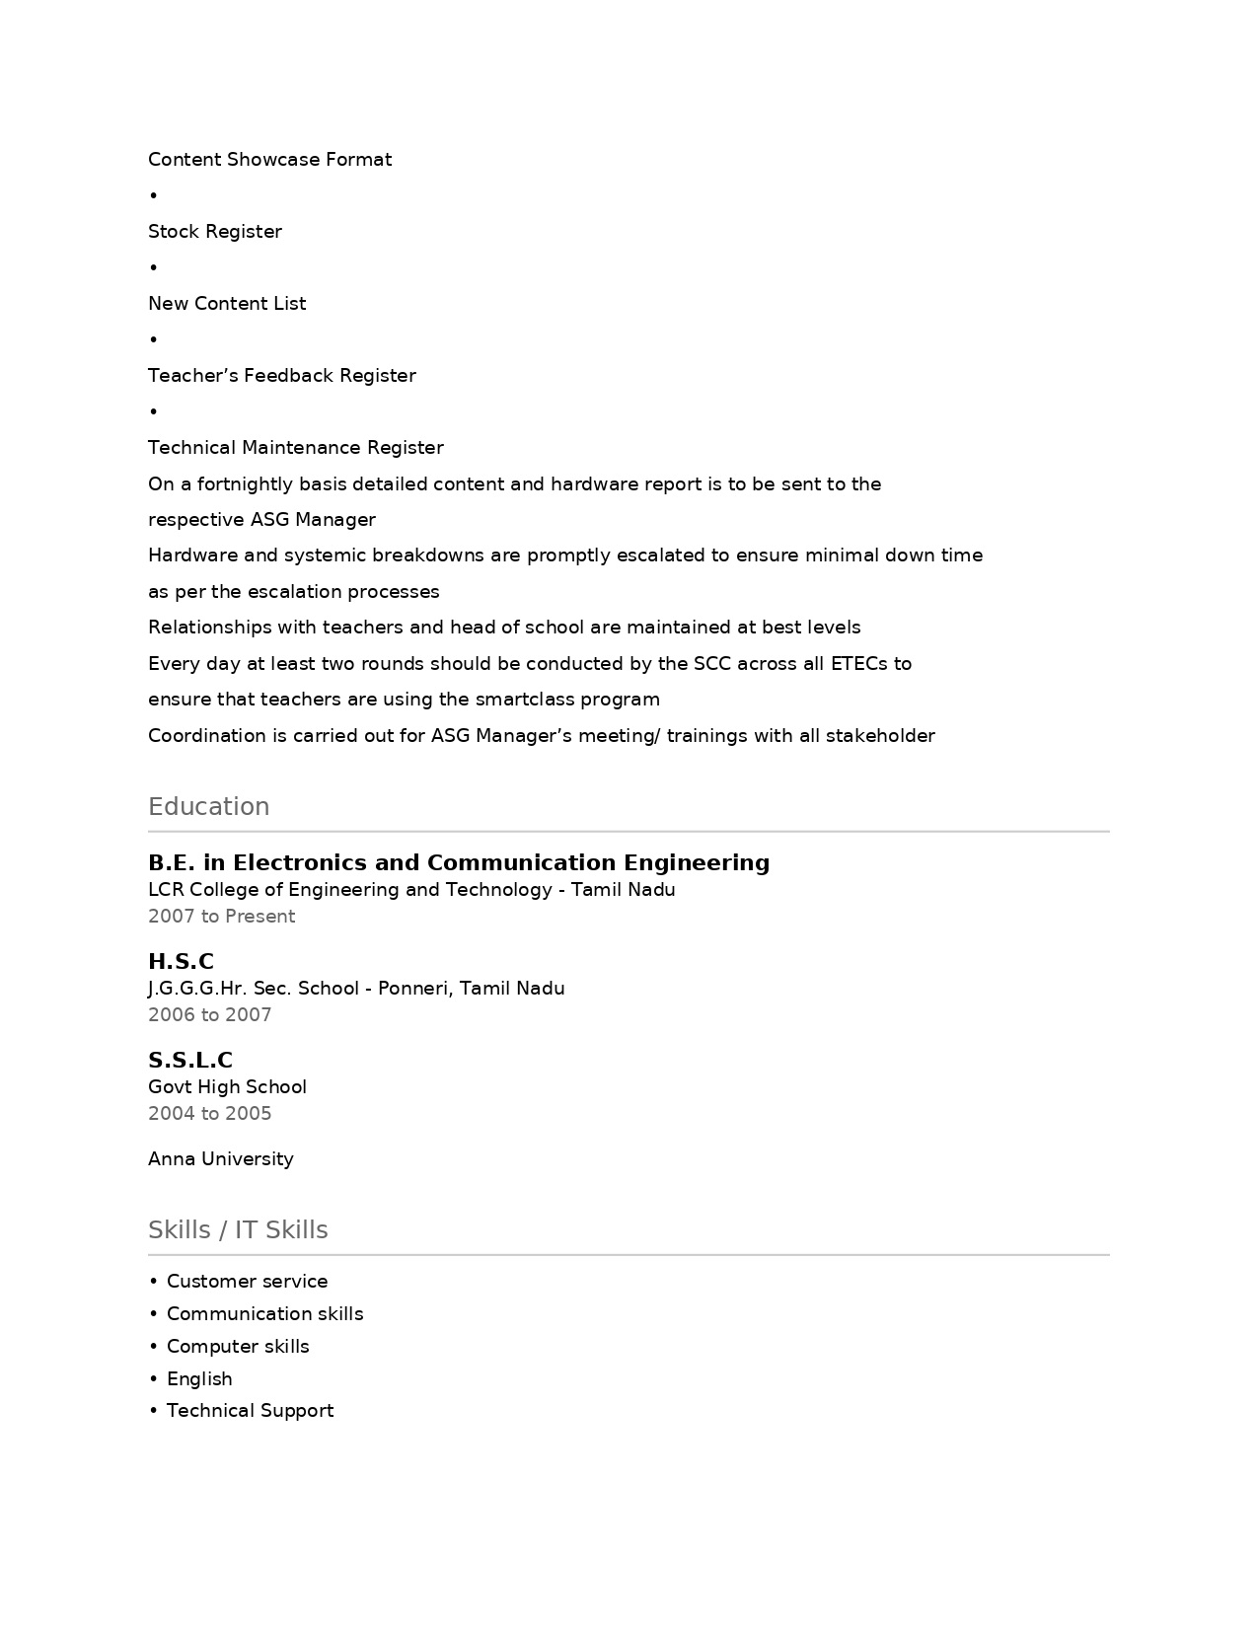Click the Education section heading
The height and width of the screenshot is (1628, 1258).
click(208, 806)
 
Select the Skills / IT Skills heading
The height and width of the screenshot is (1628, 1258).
click(238, 1229)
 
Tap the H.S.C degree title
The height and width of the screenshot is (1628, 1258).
click(181, 961)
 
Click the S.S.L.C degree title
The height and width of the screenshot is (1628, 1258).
click(190, 1060)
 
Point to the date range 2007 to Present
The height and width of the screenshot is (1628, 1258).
click(221, 916)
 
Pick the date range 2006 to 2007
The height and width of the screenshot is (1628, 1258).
click(209, 1014)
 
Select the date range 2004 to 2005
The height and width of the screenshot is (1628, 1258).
click(209, 1113)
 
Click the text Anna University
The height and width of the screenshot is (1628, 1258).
click(220, 1158)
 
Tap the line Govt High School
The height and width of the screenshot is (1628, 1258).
click(227, 1086)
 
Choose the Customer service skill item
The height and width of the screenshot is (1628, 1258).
click(247, 1281)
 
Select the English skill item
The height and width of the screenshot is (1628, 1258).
click(199, 1378)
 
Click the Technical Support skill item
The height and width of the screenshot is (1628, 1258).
click(250, 1410)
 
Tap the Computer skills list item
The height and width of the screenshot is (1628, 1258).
click(238, 1346)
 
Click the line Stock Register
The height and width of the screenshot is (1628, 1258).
click(215, 231)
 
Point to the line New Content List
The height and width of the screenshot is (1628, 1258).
click(227, 303)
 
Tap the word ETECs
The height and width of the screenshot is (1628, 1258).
click(858, 663)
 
